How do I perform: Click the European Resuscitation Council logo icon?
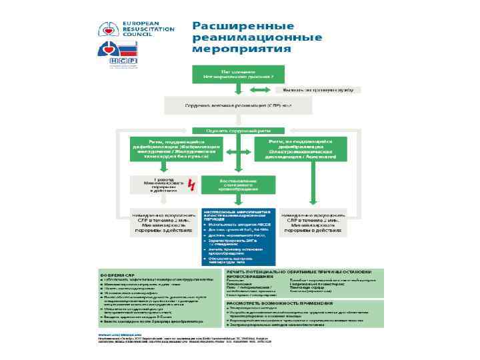coord(108,29)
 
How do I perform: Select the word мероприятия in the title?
coord(241,49)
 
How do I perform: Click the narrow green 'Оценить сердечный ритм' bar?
coord(239,130)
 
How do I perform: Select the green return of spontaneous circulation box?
coord(239,184)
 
